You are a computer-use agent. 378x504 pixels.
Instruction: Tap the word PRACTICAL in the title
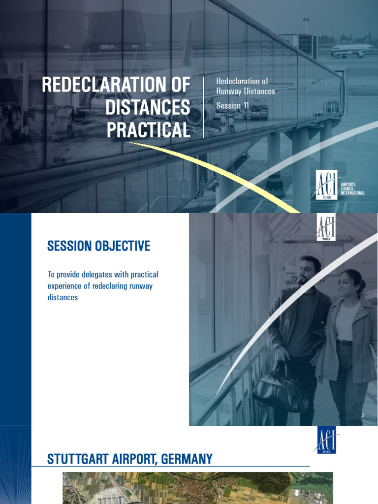point(148,130)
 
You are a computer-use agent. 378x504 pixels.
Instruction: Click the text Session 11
point(233,106)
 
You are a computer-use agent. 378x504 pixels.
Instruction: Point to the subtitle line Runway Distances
point(246,91)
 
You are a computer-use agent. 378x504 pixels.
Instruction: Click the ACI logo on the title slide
point(326,184)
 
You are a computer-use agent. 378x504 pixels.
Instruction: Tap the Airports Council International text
point(352,189)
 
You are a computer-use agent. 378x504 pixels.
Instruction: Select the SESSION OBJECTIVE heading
point(98,246)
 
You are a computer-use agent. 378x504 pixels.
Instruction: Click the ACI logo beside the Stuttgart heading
point(326,440)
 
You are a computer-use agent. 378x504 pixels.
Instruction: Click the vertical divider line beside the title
point(203,107)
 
